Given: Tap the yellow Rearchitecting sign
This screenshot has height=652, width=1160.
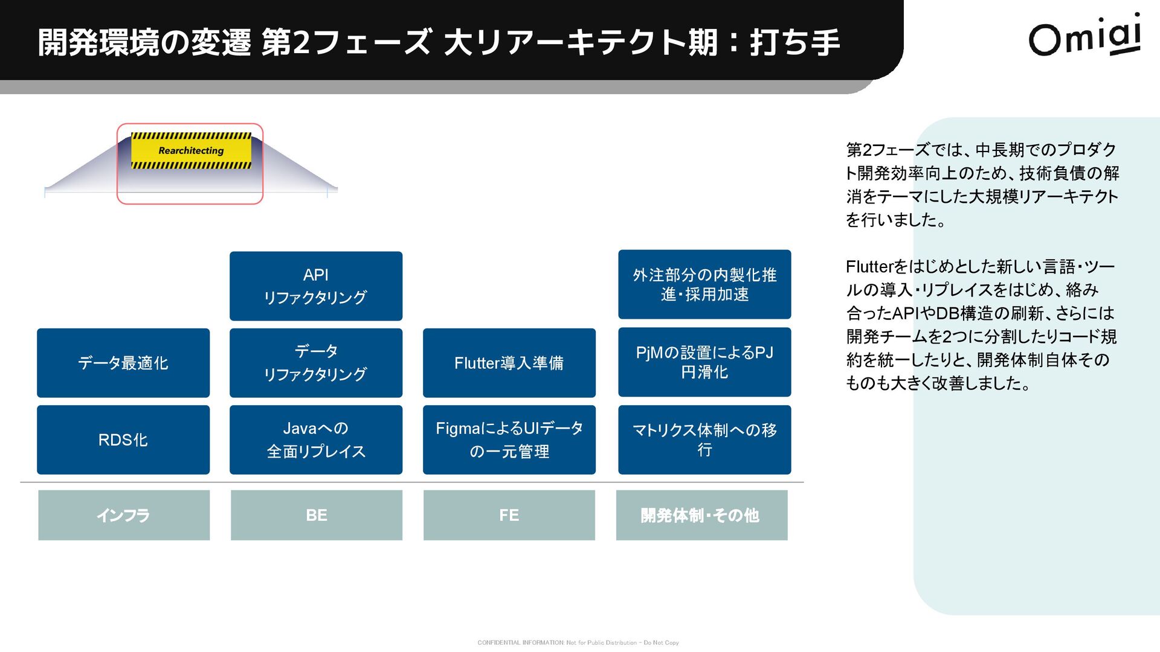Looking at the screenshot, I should (191, 150).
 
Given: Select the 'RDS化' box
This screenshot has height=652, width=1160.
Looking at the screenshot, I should (123, 439).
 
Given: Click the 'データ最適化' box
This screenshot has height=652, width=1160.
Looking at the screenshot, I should (123, 363).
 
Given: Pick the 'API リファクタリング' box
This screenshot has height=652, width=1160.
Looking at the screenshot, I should (316, 286).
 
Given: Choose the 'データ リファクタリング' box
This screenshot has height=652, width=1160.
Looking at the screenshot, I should (316, 363).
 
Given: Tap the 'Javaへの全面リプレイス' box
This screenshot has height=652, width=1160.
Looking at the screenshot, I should (316, 439).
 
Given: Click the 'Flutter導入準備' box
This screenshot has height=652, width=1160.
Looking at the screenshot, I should (509, 363).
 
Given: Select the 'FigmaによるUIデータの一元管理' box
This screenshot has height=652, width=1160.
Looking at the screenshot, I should (509, 439).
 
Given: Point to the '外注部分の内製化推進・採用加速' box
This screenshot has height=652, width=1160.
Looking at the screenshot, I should (704, 284).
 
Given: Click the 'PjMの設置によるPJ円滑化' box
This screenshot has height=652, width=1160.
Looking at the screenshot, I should (704, 362).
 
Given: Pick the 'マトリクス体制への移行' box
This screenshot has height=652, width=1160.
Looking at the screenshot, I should (704, 439).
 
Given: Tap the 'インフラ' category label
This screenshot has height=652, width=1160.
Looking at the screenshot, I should (124, 515).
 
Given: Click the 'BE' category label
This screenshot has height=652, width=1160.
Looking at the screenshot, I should (317, 515).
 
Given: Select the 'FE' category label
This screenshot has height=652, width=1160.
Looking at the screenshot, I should (509, 515).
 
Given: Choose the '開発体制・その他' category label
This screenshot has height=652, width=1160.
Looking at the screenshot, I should (701, 515).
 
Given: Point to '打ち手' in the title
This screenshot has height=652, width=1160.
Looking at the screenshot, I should (794, 42).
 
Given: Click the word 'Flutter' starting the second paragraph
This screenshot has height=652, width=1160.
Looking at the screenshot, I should (869, 267).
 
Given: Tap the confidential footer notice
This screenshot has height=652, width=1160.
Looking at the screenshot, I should (578, 643).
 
